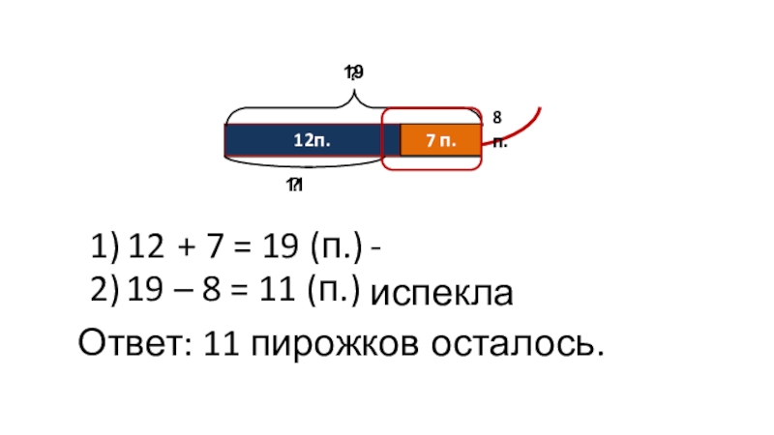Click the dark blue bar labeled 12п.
[x=310, y=140]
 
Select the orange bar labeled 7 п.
[x=441, y=140]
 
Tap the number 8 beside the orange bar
[x=496, y=117]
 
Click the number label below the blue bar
[x=294, y=185]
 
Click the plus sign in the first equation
[x=184, y=249]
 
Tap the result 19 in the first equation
[x=280, y=248]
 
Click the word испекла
[x=442, y=294]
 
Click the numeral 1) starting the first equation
[x=104, y=248]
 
